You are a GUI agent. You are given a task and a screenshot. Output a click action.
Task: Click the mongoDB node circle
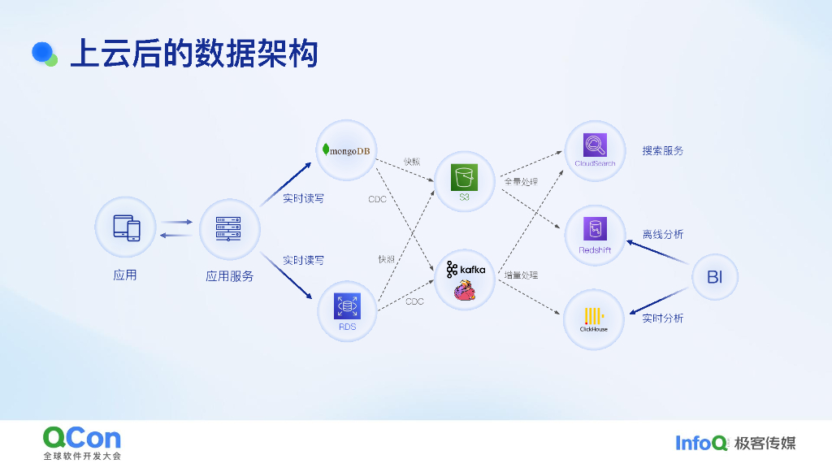tap(346, 150)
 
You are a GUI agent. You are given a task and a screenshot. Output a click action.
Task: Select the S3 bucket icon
tap(464, 177)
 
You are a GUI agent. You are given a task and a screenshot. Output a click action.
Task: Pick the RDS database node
tap(347, 309)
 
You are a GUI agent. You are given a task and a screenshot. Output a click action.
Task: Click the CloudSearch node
tap(595, 150)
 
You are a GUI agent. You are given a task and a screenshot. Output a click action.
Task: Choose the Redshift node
tap(595, 235)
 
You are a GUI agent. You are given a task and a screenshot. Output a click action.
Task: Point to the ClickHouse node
tap(594, 319)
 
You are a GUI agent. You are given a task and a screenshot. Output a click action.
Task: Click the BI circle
tap(714, 277)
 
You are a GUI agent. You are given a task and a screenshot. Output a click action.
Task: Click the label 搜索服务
tap(663, 151)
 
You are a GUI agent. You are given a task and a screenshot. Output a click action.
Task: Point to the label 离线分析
tap(663, 235)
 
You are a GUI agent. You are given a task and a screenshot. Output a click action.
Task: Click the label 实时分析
tap(663, 318)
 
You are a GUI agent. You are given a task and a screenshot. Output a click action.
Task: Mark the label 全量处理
tap(521, 182)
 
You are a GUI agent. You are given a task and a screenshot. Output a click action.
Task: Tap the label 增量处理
tap(521, 275)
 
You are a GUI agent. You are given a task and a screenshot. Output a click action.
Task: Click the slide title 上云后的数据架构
tap(193, 54)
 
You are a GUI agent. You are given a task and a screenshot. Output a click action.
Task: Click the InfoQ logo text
tap(701, 443)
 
